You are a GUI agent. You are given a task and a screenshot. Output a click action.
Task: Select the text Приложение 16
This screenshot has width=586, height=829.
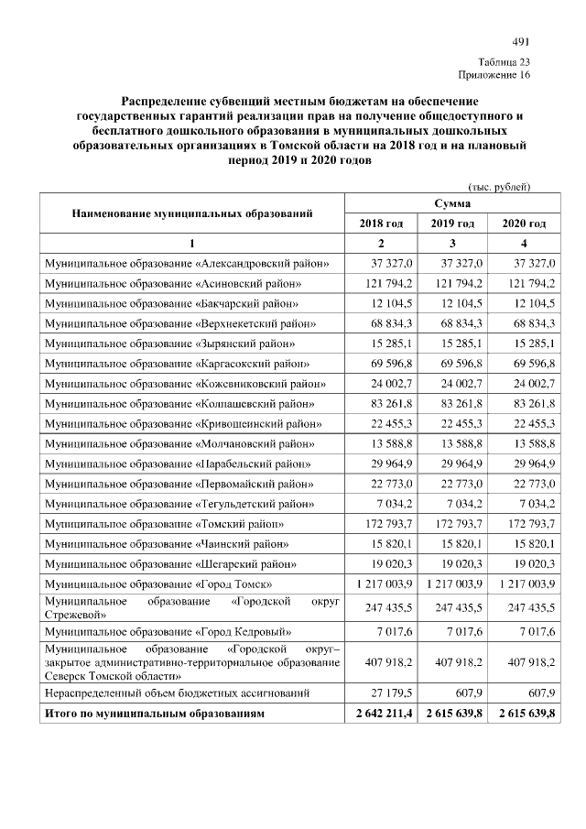494,75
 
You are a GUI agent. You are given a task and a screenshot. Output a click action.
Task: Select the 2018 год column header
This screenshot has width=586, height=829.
381,224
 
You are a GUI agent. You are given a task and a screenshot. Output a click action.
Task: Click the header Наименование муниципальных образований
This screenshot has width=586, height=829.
191,213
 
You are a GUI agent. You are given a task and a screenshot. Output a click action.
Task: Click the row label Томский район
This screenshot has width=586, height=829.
165,524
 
